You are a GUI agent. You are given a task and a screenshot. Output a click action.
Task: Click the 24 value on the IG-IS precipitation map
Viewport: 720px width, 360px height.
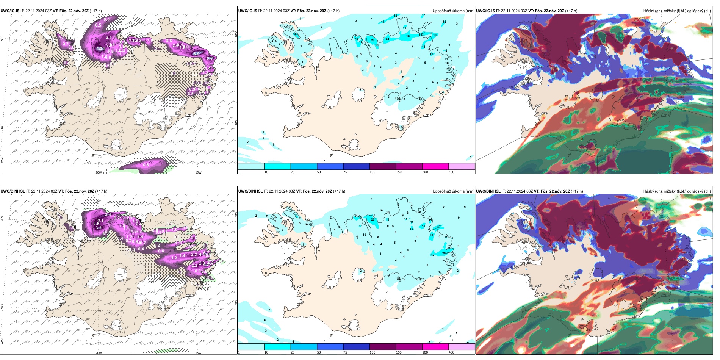[x=387, y=39]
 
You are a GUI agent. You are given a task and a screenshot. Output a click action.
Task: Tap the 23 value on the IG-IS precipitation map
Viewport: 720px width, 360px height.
[x=373, y=40]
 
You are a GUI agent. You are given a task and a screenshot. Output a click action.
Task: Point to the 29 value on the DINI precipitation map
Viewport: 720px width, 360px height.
[x=444, y=254]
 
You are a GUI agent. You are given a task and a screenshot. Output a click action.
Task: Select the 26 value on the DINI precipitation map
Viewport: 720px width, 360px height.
[x=373, y=219]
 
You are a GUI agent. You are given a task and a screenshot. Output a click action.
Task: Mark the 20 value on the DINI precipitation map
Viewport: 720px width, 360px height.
[x=431, y=235]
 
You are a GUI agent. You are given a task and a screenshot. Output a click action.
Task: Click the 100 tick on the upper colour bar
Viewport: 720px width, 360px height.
[x=373, y=172]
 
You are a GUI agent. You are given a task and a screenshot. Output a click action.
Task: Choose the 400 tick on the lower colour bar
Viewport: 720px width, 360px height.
[x=451, y=352]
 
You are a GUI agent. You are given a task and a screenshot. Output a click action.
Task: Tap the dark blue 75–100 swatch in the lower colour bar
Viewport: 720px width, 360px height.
[x=356, y=347]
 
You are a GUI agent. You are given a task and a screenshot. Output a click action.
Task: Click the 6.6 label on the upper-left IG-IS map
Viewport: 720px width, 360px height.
[x=196, y=54]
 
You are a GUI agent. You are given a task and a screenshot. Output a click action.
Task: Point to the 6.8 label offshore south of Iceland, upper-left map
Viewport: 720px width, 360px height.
[x=146, y=165]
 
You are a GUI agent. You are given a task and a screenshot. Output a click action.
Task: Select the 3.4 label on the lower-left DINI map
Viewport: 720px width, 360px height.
[x=108, y=215]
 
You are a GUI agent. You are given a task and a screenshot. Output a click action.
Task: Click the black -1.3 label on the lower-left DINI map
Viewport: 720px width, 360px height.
[x=83, y=241]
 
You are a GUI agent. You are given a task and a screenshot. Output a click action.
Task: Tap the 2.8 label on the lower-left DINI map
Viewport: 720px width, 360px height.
[x=194, y=237]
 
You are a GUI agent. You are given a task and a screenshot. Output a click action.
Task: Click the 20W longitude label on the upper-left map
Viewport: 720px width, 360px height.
[x=99, y=172]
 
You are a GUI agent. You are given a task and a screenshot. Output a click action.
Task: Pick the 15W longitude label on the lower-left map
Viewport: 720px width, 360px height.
[x=198, y=353]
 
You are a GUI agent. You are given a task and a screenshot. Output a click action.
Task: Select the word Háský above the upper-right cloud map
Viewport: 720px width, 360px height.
[x=649, y=11]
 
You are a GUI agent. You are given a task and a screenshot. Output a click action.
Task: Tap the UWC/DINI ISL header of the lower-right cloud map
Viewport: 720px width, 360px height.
[x=488, y=191]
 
